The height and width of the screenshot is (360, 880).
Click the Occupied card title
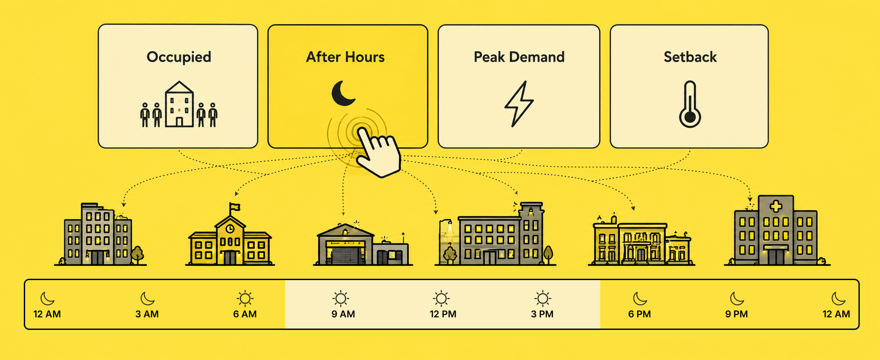[x=179, y=57]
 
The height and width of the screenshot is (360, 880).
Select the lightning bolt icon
[x=519, y=104]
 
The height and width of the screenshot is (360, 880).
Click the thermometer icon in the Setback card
[x=690, y=104]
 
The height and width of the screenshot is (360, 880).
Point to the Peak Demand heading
[x=519, y=57]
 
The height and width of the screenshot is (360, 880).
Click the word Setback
[x=690, y=57]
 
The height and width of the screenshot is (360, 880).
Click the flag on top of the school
[x=234, y=207]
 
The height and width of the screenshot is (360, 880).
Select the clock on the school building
[x=230, y=229]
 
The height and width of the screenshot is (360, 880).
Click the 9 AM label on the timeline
[x=343, y=314]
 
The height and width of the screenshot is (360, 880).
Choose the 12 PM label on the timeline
[x=443, y=314]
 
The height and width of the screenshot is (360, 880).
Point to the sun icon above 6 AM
[x=245, y=299]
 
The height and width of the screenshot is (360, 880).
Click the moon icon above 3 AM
[x=147, y=299]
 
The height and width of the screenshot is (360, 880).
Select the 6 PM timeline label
[x=639, y=314]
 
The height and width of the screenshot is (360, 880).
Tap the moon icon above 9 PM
[x=737, y=299]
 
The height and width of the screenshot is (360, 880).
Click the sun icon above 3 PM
[x=542, y=299]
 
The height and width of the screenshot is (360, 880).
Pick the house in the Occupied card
[x=179, y=104]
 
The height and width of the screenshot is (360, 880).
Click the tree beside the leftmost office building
[x=137, y=255]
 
